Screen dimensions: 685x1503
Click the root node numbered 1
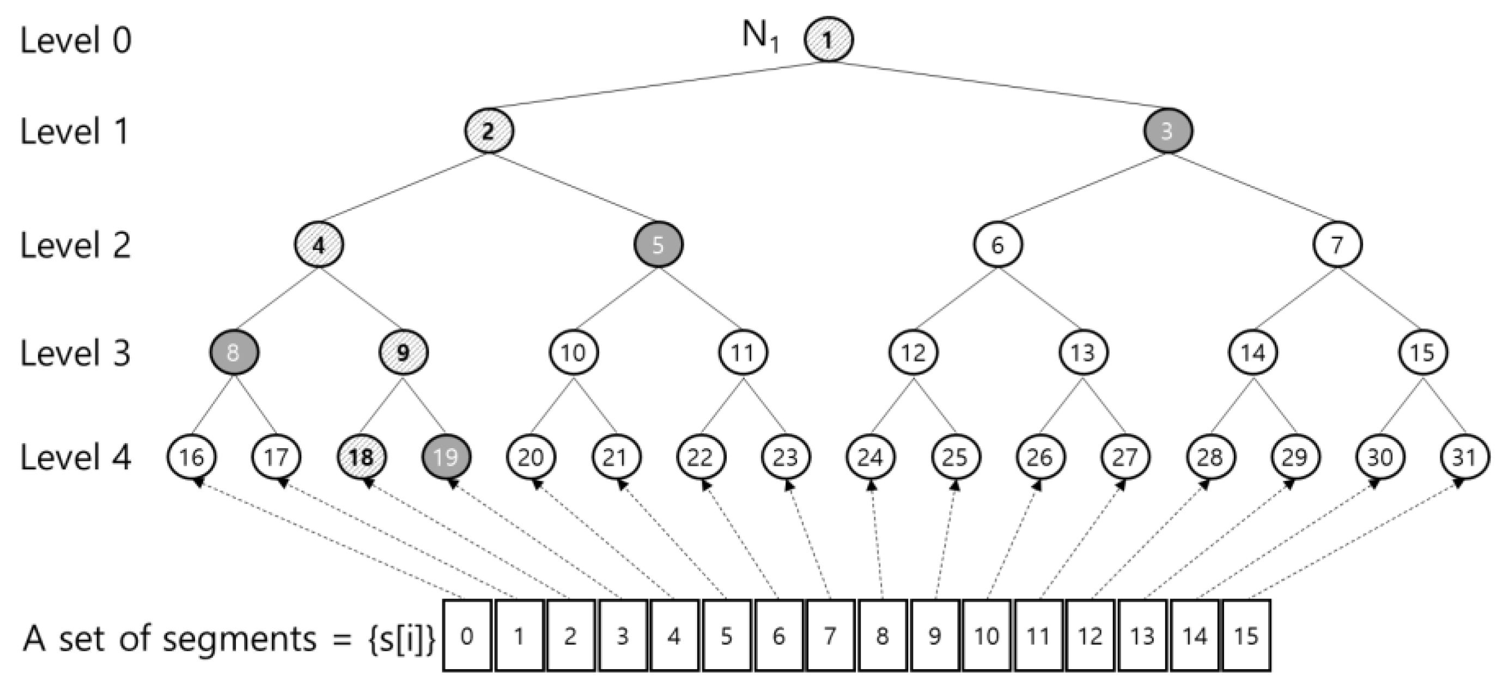828,40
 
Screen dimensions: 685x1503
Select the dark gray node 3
1167,131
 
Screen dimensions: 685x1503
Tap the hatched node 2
489,131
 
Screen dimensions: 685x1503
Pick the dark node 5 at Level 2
658,245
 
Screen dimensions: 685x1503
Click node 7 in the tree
1337,245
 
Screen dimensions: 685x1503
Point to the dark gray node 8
234,353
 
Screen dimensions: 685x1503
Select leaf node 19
446,456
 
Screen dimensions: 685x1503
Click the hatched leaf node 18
361,456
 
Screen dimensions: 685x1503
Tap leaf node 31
1464,456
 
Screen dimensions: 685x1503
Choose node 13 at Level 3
1083,353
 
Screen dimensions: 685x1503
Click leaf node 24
870,456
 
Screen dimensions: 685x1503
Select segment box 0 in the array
467,635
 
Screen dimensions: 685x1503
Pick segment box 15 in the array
1246,635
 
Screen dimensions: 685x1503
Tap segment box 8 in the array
882,635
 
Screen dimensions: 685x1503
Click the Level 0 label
76,41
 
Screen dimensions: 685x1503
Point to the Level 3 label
76,353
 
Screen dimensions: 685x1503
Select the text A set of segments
169,638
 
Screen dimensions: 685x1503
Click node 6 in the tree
997,245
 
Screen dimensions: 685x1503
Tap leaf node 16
191,456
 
